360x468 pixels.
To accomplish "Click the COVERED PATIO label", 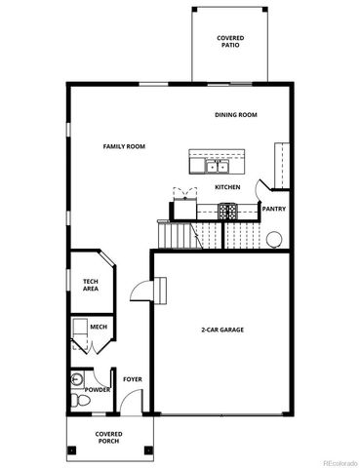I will coord(230,41).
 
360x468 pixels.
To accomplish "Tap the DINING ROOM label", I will coord(235,115).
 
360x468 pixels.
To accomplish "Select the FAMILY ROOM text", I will coord(124,146).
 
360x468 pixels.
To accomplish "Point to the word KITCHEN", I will coord(227,186).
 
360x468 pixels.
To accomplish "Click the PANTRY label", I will coord(273,208).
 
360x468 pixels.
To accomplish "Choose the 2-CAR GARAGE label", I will coord(222,330).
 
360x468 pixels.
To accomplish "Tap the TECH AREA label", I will coord(90,285).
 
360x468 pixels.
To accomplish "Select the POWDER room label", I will coord(98,390).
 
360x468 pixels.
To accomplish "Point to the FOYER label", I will coord(132,379).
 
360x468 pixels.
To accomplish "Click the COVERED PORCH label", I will coord(108,437).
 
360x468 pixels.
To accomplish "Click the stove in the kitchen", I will coord(227,210).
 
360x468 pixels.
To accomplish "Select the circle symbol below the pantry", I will coord(276,237).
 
